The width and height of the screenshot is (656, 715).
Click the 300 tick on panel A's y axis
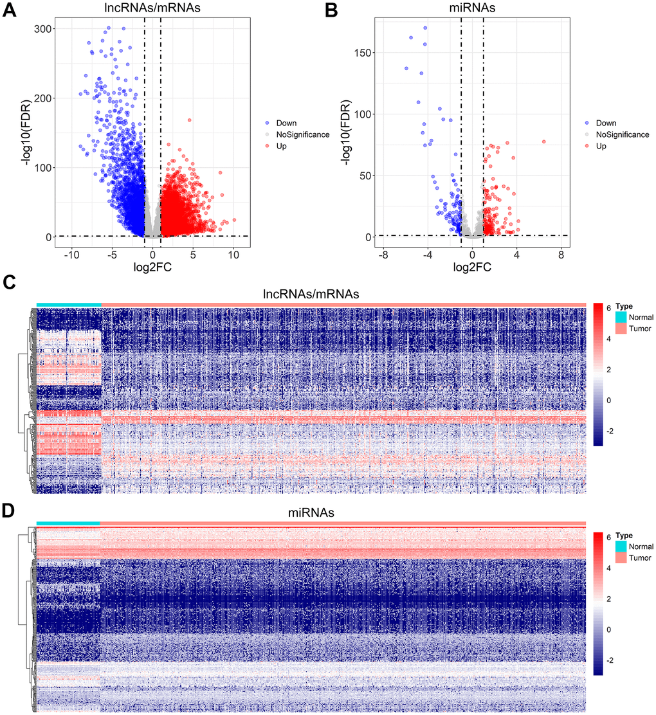pyautogui.click(x=44, y=29)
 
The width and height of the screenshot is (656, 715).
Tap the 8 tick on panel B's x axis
pyautogui.click(x=561, y=255)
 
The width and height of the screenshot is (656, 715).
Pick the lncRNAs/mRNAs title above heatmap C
pyautogui.click(x=312, y=294)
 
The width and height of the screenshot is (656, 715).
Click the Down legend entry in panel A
pyautogui.click(x=284, y=123)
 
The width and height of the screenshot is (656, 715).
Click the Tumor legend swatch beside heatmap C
pyautogui.click(x=621, y=329)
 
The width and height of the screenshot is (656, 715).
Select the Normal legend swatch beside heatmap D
pyautogui.click(x=621, y=546)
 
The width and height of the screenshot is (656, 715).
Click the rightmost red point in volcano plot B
pyautogui.click(x=543, y=141)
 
